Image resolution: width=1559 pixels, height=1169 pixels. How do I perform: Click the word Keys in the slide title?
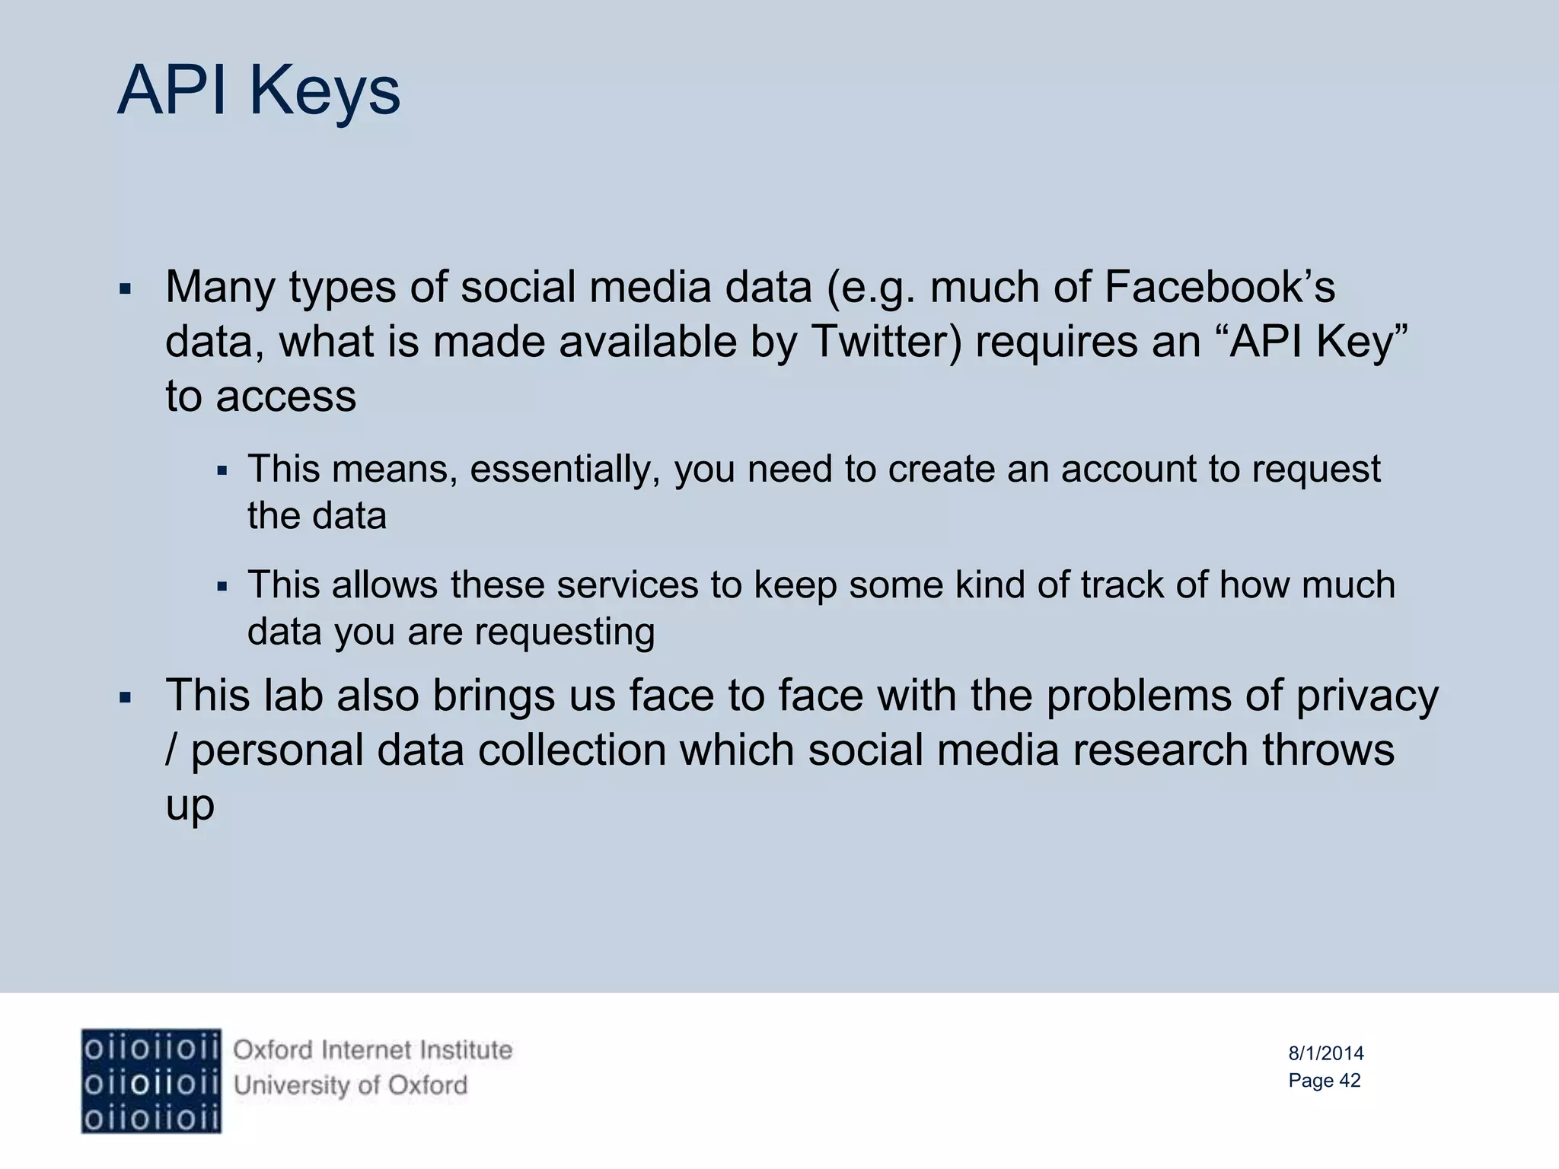(324, 91)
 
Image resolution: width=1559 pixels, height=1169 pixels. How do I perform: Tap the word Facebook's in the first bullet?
(1219, 288)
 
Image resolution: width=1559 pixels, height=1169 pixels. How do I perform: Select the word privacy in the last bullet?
(1367, 696)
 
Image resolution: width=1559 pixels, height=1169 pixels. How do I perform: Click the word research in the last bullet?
(1161, 750)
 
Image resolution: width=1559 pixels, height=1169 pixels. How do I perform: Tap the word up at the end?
(190, 805)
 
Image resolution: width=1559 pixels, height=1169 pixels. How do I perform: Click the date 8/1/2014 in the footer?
(1326, 1053)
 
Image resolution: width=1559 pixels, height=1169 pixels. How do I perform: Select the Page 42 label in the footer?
(1325, 1081)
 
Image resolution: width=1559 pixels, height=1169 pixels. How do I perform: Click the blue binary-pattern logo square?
(151, 1081)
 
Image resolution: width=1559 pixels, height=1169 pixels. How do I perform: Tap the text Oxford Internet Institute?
(372, 1050)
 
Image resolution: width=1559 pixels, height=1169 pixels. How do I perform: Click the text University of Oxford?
(350, 1085)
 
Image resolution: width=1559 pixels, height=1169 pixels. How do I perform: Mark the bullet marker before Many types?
(126, 290)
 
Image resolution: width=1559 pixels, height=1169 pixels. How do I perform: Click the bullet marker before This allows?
(222, 587)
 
